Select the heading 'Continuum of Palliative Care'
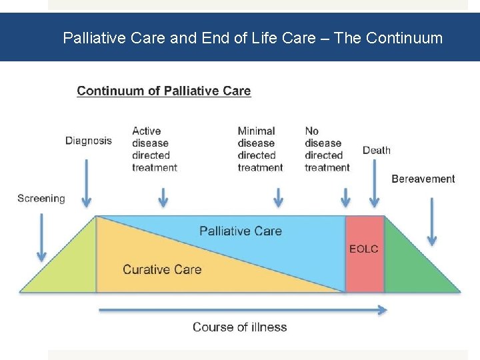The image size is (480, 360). click(x=164, y=91)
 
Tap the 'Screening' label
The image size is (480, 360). click(x=41, y=198)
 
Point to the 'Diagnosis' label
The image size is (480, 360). click(x=89, y=141)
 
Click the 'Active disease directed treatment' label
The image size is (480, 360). click(x=155, y=149)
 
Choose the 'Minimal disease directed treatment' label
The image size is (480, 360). click(x=260, y=149)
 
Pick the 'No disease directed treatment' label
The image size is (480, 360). click(x=327, y=149)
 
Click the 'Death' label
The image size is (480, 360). click(x=377, y=150)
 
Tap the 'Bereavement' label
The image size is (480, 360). click(x=423, y=179)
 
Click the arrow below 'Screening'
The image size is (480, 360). click(x=41, y=237)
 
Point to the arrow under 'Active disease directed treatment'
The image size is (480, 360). click(x=163, y=197)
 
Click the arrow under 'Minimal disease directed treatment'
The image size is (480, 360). click(x=279, y=197)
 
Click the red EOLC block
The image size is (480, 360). click(x=364, y=253)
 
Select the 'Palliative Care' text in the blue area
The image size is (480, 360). click(x=241, y=231)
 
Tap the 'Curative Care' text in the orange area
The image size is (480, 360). click(x=162, y=269)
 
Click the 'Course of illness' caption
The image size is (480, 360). click(x=240, y=327)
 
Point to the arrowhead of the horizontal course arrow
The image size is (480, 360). click(x=382, y=309)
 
